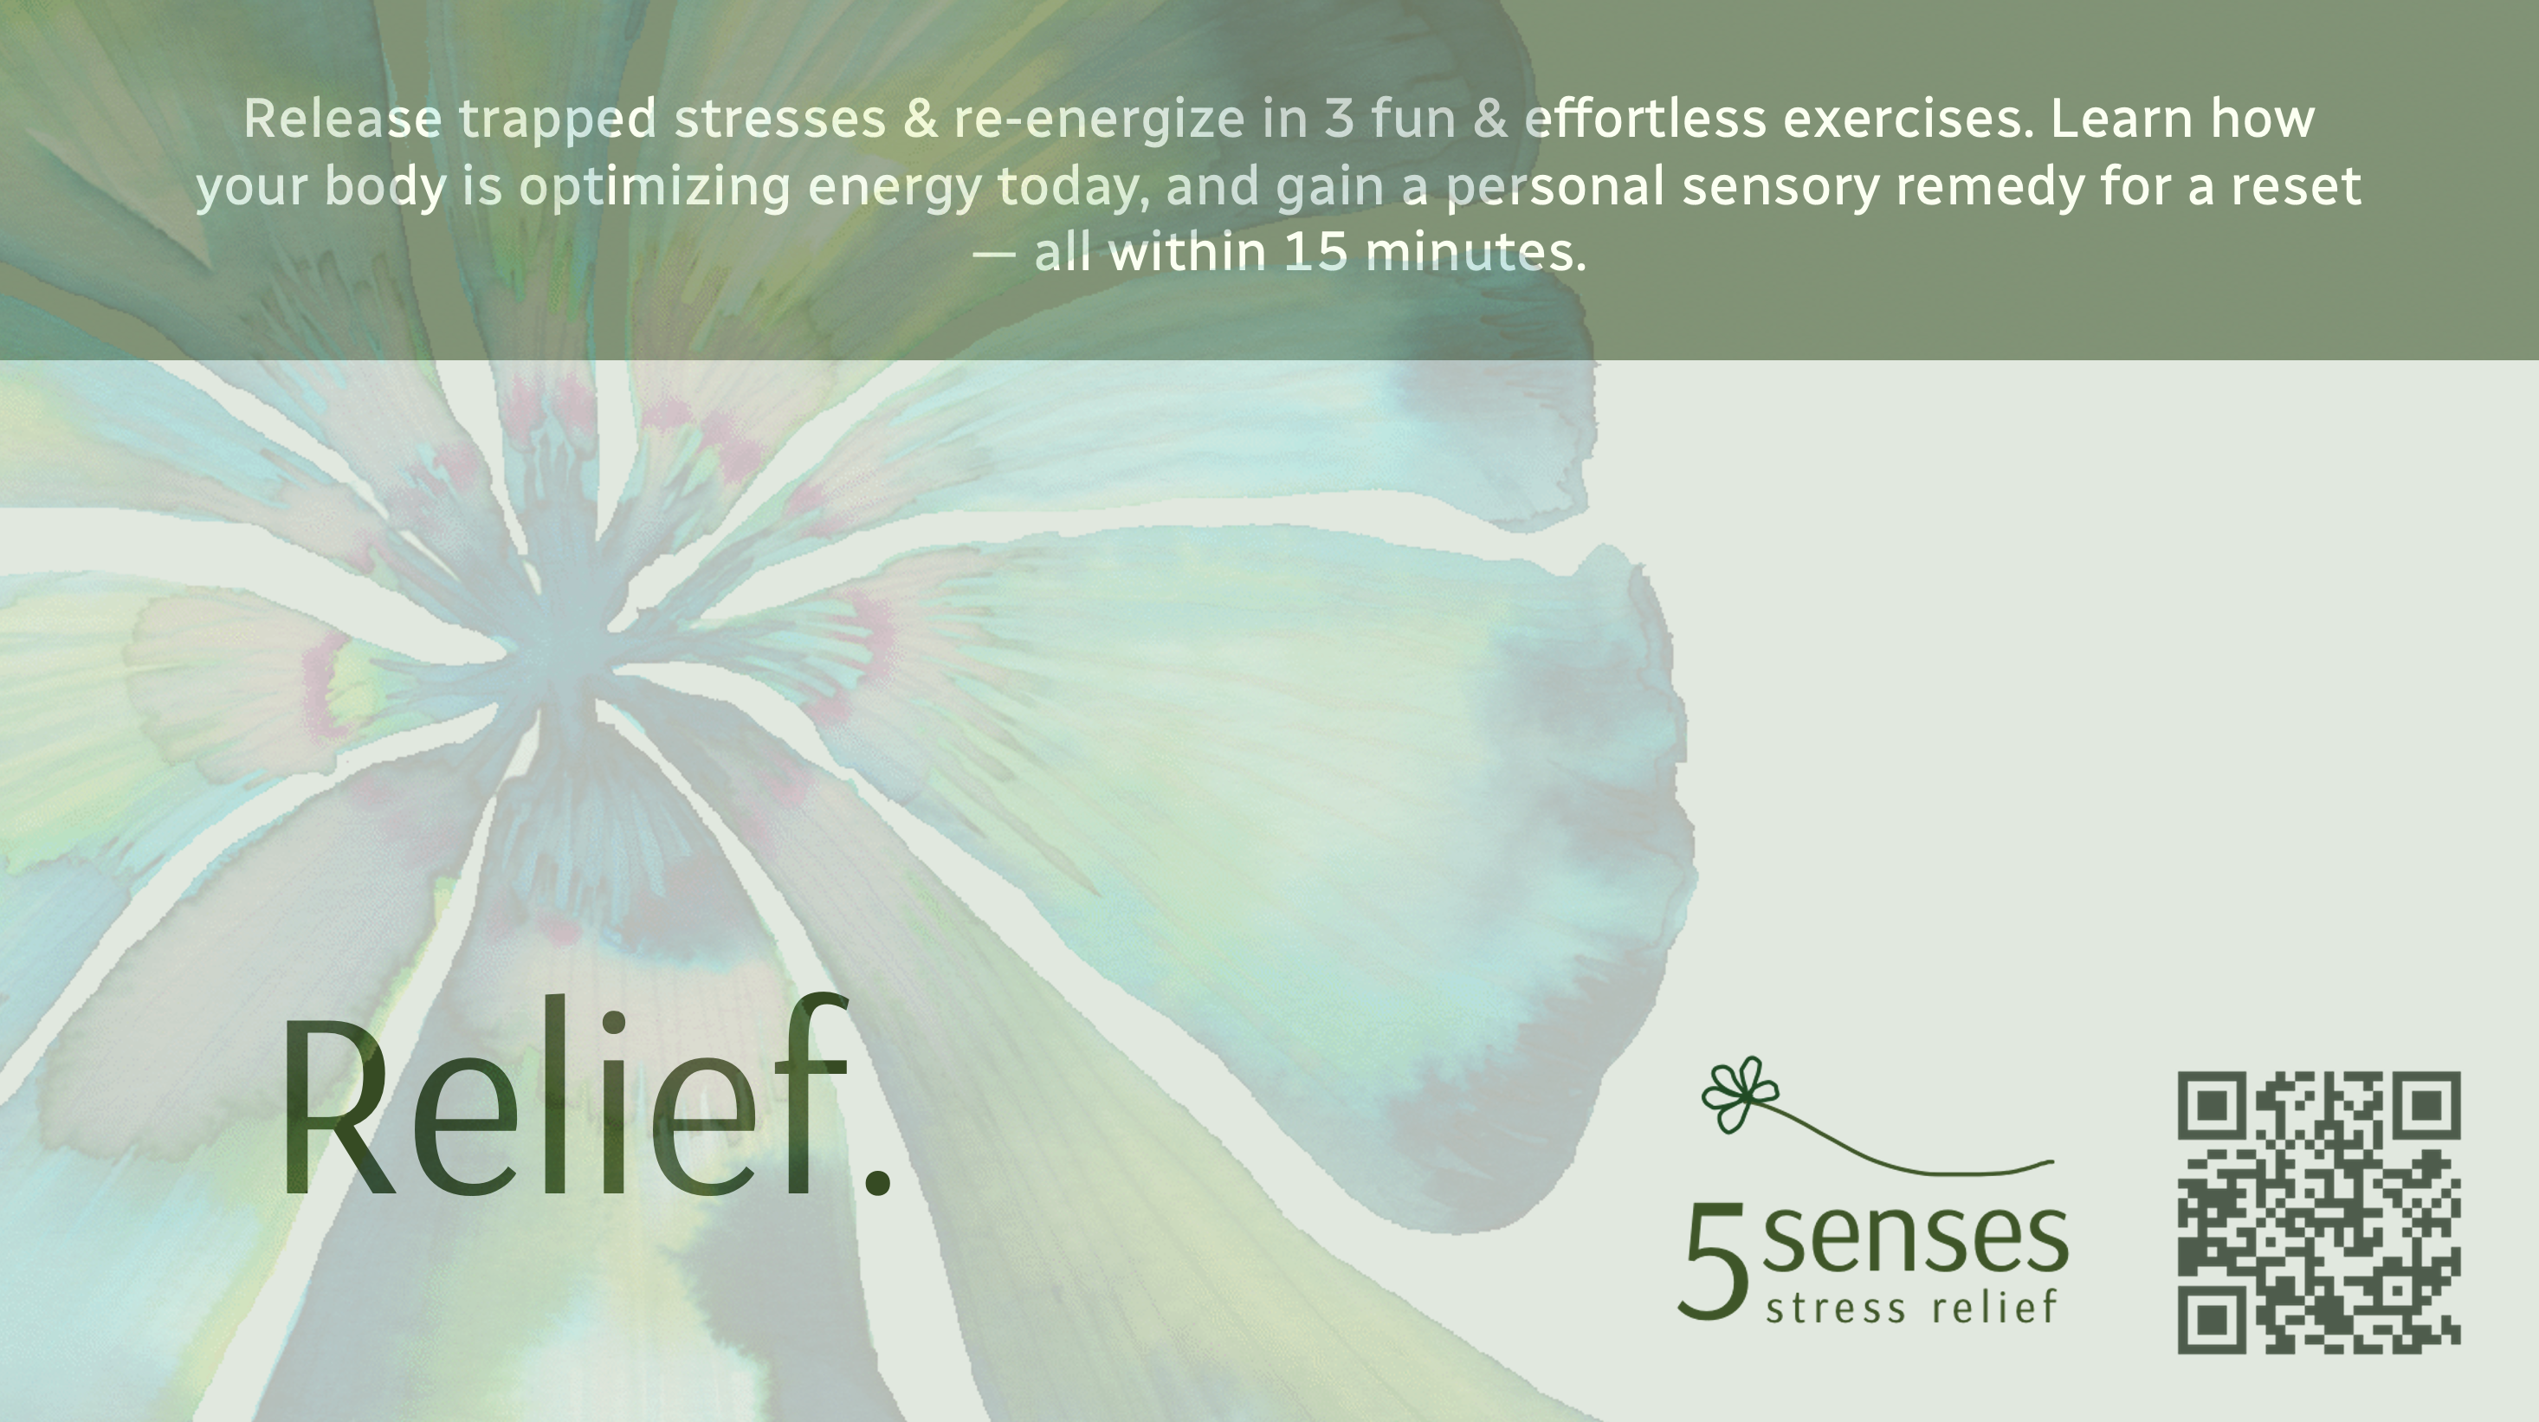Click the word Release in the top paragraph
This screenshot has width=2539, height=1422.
pyautogui.click(x=342, y=119)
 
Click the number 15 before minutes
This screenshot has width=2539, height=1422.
pyautogui.click(x=1315, y=252)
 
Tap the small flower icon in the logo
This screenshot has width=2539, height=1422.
pyautogui.click(x=1740, y=1094)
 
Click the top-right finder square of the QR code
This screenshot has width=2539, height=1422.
pyautogui.click(x=2426, y=1105)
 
